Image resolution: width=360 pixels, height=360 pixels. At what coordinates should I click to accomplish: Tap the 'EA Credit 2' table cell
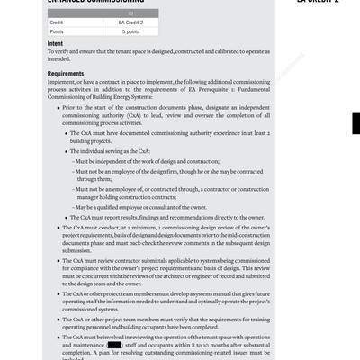pyautogui.click(x=133, y=21)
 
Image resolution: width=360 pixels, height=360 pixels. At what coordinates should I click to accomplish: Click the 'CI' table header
pyautogui.click(x=133, y=12)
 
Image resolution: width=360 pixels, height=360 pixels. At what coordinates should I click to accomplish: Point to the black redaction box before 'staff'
pyautogui.click(x=114, y=345)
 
